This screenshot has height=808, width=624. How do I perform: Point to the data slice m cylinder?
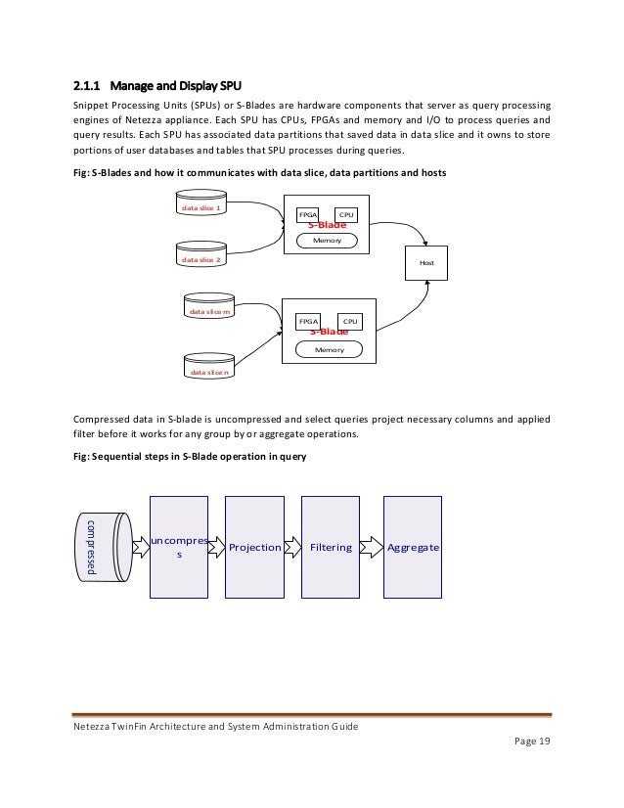tap(209, 311)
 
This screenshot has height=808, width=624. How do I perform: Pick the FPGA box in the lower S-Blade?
tap(308, 320)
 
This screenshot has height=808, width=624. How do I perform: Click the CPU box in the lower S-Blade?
tap(349, 320)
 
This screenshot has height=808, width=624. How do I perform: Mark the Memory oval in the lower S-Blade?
tap(328, 348)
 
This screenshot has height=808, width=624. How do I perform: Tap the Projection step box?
tap(254, 547)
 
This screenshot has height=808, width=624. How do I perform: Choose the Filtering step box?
tap(331, 547)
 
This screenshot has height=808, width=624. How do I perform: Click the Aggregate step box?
tap(412, 547)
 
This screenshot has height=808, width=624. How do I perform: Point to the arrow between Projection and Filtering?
tap(292, 548)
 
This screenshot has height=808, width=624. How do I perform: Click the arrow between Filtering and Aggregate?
tap(370, 548)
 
